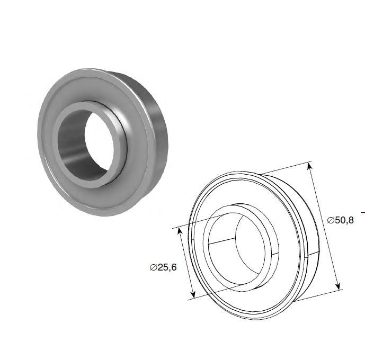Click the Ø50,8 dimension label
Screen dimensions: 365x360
point(340,220)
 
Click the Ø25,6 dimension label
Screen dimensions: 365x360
point(163,267)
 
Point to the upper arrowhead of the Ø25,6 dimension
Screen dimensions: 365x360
point(180,232)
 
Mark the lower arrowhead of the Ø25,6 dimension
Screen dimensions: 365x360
point(192,294)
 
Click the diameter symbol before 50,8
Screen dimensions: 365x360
point(331,220)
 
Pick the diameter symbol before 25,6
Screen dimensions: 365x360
point(153,267)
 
